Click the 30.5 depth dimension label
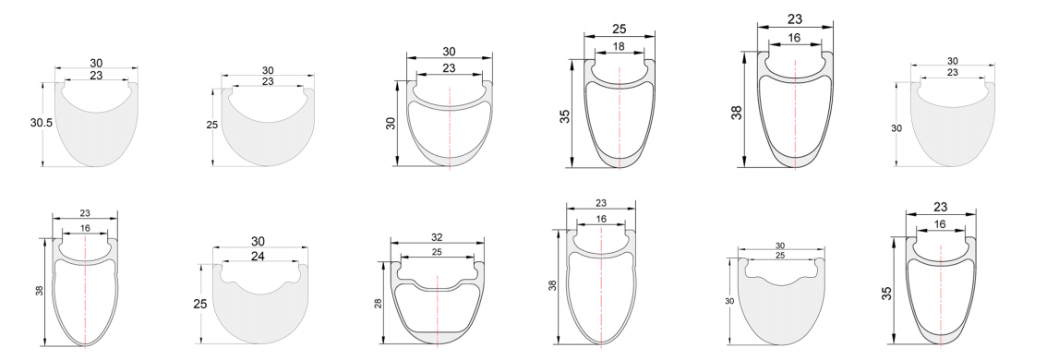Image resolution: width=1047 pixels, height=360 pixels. point(41,123)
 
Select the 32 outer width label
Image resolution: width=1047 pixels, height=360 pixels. point(438,237)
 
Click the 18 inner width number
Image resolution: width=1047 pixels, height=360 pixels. point(620,47)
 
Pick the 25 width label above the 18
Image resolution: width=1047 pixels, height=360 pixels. point(620,30)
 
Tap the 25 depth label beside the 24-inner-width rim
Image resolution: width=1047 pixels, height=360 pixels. point(200,304)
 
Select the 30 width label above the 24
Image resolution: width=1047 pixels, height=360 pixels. point(259,241)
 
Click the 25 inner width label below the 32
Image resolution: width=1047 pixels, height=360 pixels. point(438,252)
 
